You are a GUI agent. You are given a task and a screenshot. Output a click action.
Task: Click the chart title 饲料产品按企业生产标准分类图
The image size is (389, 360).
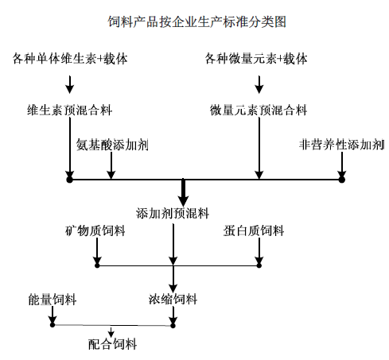coord(196,21)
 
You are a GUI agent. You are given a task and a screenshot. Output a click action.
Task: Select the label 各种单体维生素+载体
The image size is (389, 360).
coord(70,59)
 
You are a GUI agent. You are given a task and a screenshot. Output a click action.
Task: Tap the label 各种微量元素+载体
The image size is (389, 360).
coord(256,59)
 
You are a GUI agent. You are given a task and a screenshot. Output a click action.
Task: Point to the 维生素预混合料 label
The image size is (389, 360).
coord(70,110)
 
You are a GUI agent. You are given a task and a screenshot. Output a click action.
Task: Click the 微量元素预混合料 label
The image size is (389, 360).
coord(259,110)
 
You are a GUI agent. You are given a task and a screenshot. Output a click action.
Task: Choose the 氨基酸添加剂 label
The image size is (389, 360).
coord(112,145)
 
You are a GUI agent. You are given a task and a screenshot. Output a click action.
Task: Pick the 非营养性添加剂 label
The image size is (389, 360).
coord(341,145)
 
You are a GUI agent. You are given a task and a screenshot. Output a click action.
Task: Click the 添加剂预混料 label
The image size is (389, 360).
coord(173,213)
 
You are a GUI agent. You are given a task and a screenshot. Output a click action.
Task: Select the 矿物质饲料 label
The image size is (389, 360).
coord(95,230)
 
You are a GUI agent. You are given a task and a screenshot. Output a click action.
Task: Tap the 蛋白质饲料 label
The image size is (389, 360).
coord(254,230)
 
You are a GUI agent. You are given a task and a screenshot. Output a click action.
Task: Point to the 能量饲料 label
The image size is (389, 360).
coord(53,300)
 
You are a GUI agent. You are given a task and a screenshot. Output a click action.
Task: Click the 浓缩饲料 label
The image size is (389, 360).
coord(173,300)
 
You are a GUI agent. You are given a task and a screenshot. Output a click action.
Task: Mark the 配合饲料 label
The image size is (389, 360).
coord(112,344)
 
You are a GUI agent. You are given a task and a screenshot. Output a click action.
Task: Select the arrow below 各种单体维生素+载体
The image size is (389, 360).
coord(70,84)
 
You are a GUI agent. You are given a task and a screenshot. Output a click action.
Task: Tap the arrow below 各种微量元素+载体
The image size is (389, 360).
coord(259,84)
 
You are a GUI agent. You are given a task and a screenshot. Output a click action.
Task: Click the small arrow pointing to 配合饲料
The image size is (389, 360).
coord(111,331)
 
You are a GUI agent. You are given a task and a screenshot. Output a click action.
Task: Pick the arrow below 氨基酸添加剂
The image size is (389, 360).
coord(111,165)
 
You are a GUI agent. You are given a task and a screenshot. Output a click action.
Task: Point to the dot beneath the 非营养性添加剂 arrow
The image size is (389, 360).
coord(342,180)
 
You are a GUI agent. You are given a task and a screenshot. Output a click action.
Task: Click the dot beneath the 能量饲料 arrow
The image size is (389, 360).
coord(53,324)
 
